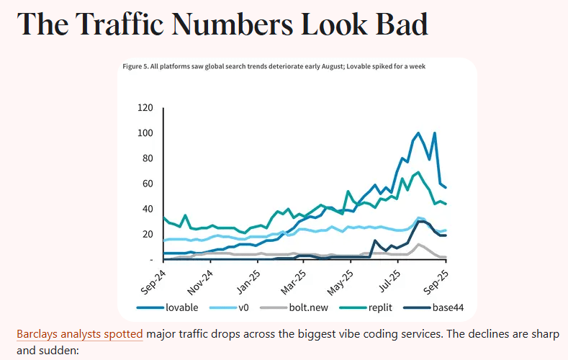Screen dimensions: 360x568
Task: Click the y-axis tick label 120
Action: (145, 108)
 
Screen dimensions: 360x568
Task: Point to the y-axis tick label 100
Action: (145, 133)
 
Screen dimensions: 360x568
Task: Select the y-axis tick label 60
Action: (147, 184)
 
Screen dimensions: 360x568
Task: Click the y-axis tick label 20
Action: (147, 234)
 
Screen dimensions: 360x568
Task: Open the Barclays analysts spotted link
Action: (79, 334)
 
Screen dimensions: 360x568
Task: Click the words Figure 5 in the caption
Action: (136, 66)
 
